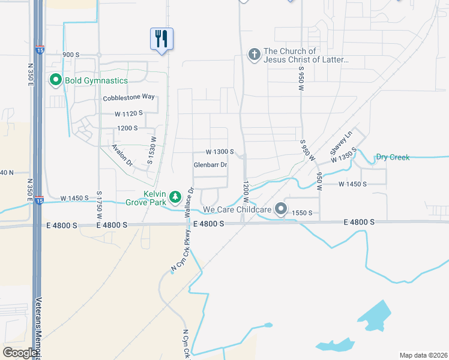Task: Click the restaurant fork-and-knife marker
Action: (x=161, y=39)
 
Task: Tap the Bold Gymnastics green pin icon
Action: (x=56, y=80)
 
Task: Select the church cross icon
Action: (x=254, y=55)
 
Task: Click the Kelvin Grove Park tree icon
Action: (x=175, y=197)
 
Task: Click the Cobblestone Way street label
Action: (x=129, y=97)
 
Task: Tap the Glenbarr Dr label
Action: (x=211, y=164)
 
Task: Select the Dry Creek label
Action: (x=393, y=157)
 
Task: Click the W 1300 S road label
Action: (x=219, y=152)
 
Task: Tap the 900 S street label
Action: (x=70, y=55)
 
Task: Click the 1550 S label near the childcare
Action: (x=303, y=213)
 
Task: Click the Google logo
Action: (x=20, y=353)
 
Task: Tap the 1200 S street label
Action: (x=127, y=128)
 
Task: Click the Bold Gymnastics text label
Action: (x=97, y=80)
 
